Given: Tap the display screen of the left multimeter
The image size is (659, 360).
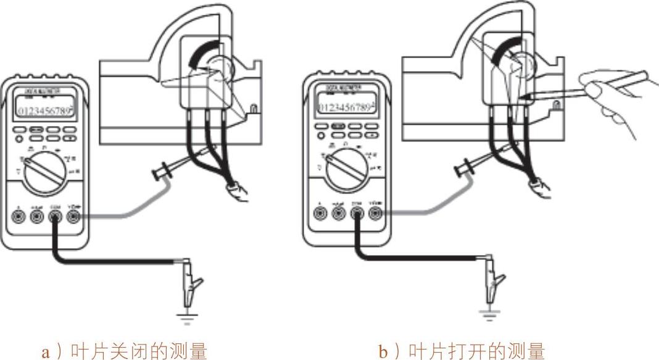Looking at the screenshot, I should point(44,111).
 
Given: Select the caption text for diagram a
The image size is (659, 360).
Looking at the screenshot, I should point(123,351).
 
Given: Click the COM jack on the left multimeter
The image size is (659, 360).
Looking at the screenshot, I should point(54,217).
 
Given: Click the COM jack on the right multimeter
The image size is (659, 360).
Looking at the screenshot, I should point(356,213).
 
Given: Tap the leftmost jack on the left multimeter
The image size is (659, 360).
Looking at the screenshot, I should point(19,217).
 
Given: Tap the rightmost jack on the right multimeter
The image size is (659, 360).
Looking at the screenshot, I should point(374,213).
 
